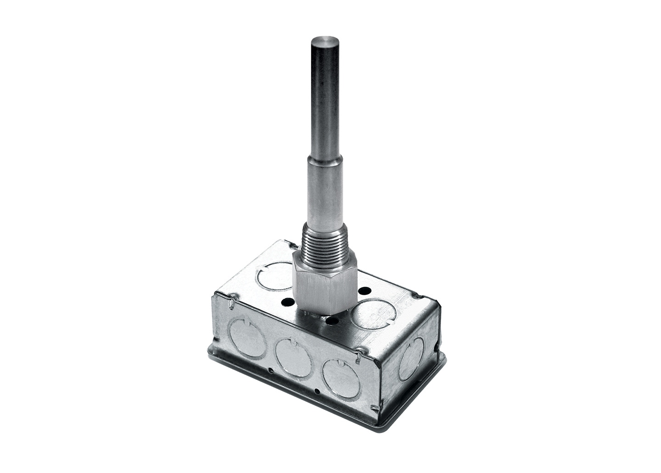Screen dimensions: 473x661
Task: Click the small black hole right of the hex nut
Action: [365, 291]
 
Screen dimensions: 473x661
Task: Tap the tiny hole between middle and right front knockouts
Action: [318, 391]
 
